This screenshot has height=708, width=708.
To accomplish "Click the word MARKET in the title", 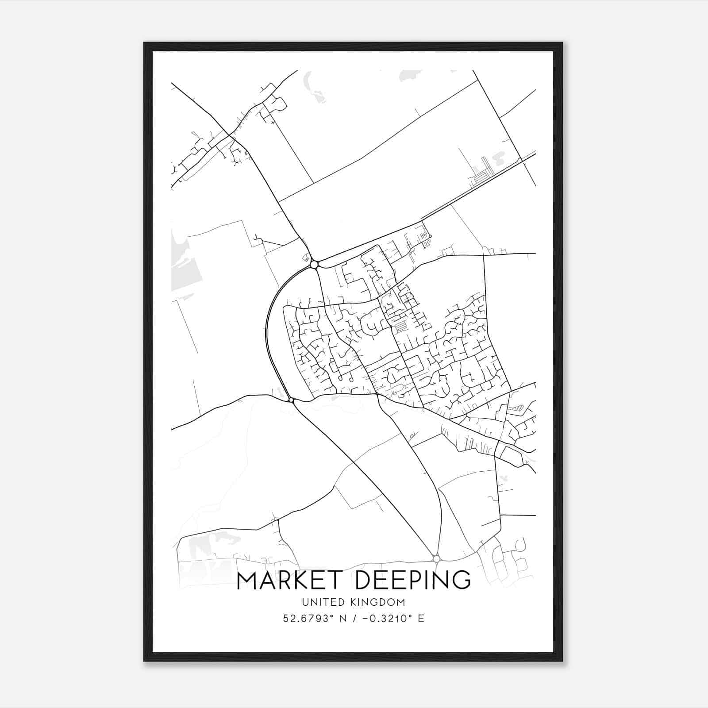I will click(292, 581).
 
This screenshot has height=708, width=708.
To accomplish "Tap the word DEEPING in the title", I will click(413, 581).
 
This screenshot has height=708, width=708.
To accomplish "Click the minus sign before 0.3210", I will click(365, 619).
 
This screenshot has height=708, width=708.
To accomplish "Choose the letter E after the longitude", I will click(421, 619).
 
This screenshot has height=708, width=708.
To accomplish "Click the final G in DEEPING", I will click(462, 581).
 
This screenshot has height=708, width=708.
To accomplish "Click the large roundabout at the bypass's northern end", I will click(314, 265).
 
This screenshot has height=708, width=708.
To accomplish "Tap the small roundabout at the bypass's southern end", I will click(291, 400).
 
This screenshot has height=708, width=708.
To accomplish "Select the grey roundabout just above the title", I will click(437, 559).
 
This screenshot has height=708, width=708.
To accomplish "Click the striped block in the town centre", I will click(400, 327).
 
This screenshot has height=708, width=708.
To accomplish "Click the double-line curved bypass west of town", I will click(268, 336).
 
